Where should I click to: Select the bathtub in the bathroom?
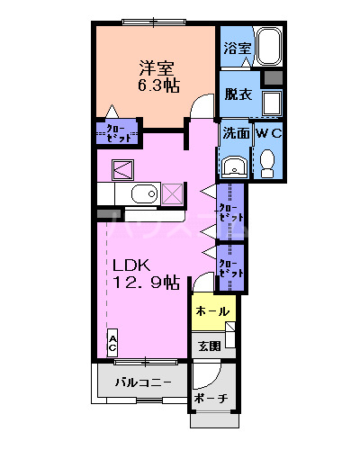pos(270,47)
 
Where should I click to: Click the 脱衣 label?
pos(238,94)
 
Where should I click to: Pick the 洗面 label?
pos(236,133)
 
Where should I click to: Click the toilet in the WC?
pos(267,160)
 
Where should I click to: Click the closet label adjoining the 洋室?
pos(116,134)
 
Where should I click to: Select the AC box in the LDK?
pos(112,343)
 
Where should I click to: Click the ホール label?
pos(213,310)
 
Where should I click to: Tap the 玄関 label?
pos(210,346)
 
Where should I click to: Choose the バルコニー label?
pos(142,382)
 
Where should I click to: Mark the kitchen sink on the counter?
pos(141,195)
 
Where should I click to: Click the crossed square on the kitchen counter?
pos(171,193)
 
